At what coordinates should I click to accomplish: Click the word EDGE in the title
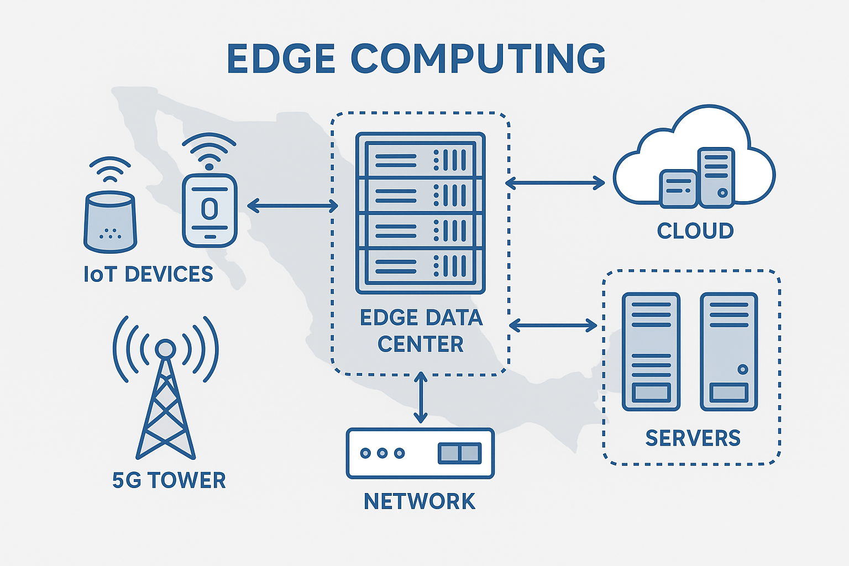pos(281,59)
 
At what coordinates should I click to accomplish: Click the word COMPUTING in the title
pos(478,59)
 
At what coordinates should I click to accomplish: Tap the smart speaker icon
pos(110,221)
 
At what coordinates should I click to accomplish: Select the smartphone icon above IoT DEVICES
pos(209,210)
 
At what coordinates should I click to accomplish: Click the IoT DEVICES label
pos(148,274)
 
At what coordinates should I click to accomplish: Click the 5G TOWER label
pos(169,480)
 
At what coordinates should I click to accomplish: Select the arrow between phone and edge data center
pos(292,206)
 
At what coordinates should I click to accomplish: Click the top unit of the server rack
pos(421,160)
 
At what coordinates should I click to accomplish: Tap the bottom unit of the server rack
pos(421,266)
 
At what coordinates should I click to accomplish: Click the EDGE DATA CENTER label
pos(421,331)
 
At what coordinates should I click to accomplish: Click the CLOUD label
pos(695,230)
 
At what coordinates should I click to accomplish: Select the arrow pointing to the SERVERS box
pos(553,325)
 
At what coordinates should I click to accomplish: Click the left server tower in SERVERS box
pos(651,352)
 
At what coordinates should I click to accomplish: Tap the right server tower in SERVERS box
pos(729,352)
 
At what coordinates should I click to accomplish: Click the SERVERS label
pos(693,438)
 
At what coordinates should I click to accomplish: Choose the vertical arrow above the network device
pos(421,397)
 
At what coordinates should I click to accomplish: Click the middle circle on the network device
pos(382,453)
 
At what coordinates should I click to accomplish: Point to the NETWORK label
pos(420,501)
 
